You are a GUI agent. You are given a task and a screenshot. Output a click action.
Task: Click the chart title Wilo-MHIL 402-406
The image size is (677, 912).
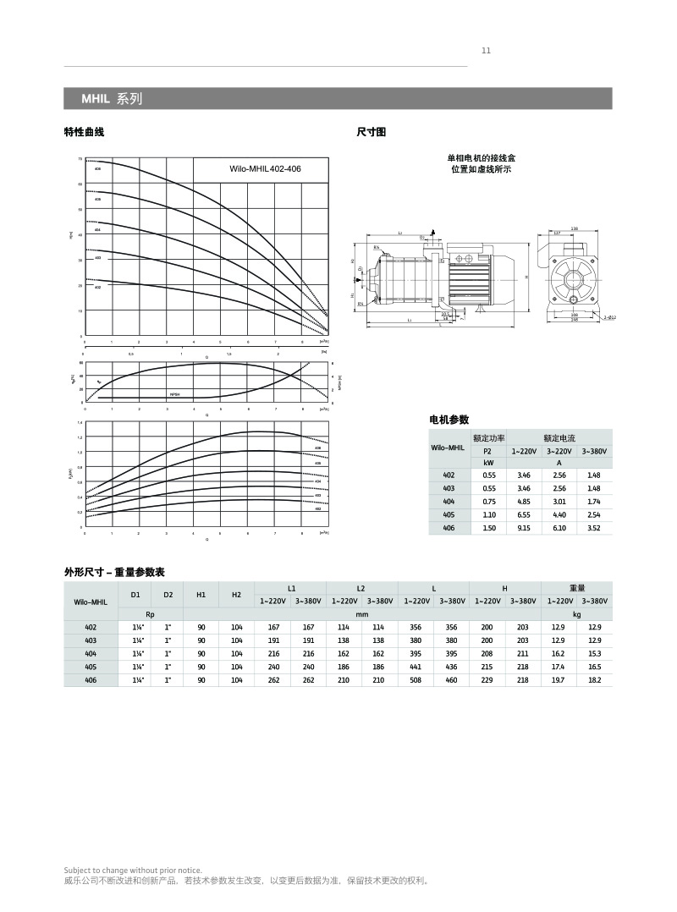click(x=265, y=169)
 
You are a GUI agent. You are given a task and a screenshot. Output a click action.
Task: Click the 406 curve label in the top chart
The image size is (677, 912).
click(x=97, y=169)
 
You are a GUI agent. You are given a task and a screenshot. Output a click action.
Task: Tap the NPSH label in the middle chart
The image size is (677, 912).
click(x=174, y=394)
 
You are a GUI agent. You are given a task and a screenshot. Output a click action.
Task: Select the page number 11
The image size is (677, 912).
click(x=486, y=51)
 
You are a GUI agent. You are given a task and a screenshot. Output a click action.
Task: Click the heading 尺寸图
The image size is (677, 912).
click(x=372, y=132)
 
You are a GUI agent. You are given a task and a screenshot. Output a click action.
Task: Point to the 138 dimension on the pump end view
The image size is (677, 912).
click(x=574, y=228)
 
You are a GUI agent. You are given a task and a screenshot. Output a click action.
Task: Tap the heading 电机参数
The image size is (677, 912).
click(x=449, y=420)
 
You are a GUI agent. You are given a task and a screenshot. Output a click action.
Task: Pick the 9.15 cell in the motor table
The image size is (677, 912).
click(x=524, y=528)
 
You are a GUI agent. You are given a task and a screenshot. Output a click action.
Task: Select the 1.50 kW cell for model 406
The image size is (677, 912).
click(x=489, y=528)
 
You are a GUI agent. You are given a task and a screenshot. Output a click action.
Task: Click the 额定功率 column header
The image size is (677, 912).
click(x=489, y=438)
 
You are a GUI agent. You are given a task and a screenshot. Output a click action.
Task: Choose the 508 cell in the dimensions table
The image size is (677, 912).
click(x=416, y=679)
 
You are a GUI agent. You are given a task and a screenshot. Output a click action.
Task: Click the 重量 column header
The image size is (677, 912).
click(x=577, y=588)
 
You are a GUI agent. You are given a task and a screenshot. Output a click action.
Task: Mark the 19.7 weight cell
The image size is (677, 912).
click(x=558, y=679)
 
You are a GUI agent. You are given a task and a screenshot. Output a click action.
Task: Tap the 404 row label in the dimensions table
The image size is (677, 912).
click(x=91, y=653)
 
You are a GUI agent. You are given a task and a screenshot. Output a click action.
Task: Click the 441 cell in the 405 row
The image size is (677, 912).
click(x=416, y=667)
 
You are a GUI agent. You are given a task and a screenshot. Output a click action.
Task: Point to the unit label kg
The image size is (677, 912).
click(x=577, y=614)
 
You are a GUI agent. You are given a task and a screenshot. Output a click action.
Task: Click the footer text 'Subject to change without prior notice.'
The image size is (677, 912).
click(x=133, y=870)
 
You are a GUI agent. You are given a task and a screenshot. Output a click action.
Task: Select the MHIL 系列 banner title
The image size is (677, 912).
click(x=112, y=99)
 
